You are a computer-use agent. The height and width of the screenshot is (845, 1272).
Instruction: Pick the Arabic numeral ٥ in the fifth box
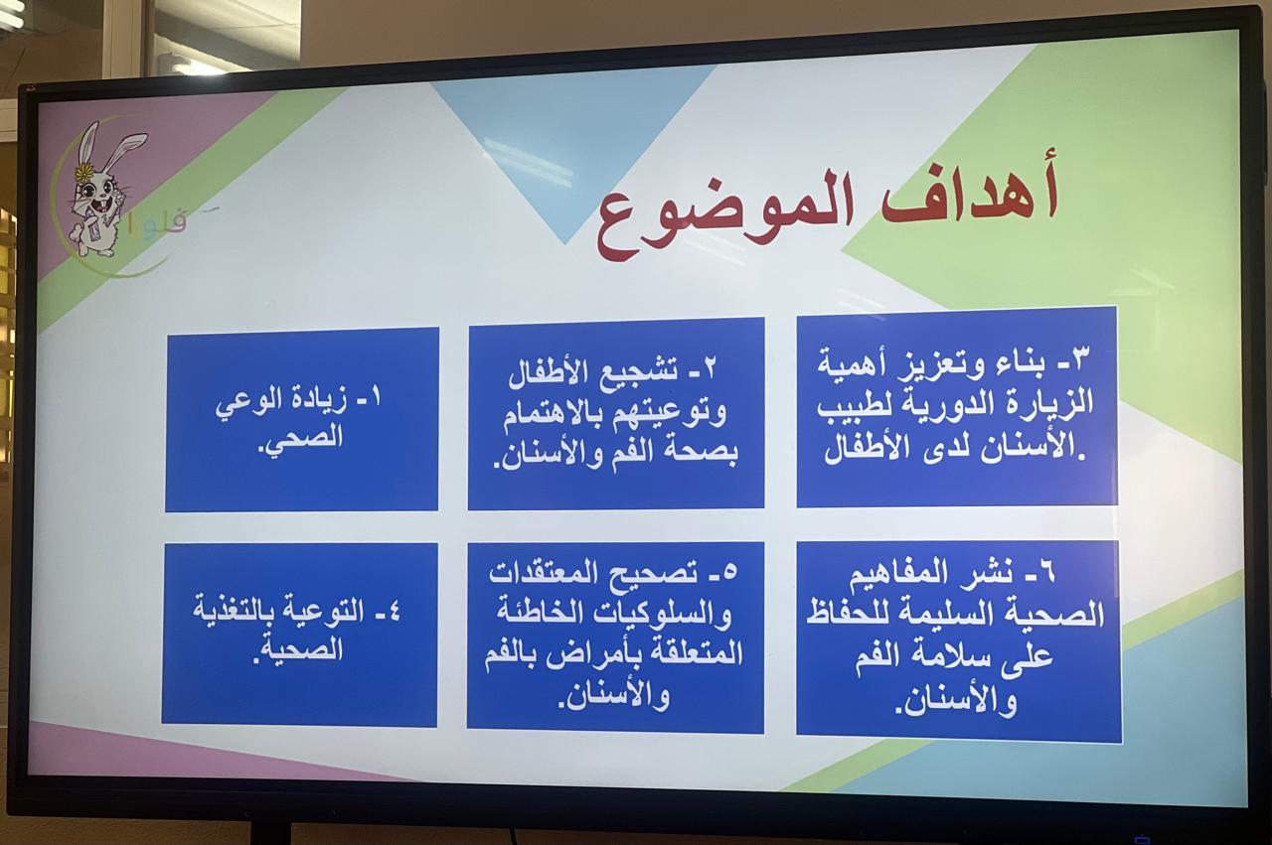coord(729,571)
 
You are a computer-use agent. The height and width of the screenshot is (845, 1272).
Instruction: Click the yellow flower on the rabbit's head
coord(83,172)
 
